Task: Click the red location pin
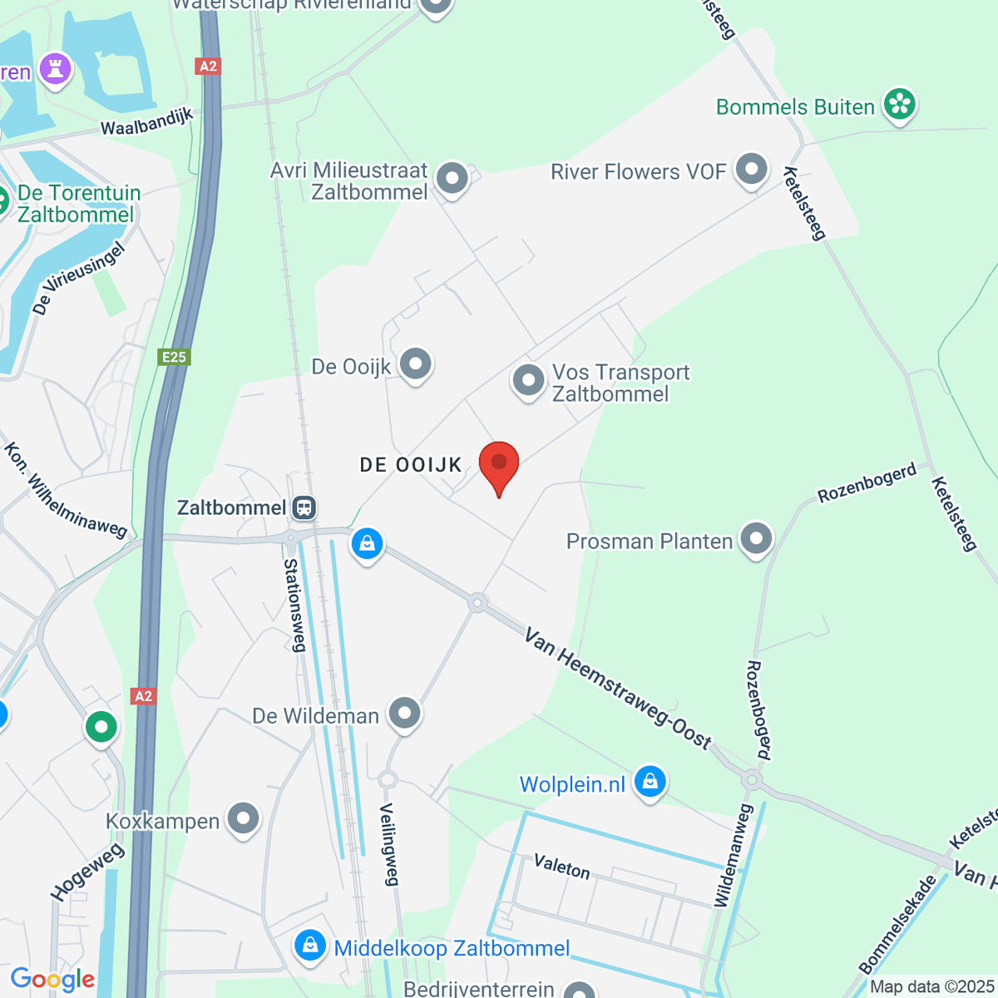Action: [499, 464]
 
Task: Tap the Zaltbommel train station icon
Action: [304, 507]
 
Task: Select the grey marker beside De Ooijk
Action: [415, 364]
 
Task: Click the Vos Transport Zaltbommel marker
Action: [528, 381]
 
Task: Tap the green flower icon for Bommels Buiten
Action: [899, 104]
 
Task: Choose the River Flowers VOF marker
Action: [752, 169]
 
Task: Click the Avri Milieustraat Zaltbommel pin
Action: [452, 177]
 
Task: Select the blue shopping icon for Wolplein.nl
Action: [650, 782]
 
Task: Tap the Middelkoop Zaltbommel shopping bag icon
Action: [310, 946]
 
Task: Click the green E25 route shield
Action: [174, 357]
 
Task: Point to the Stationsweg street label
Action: [294, 605]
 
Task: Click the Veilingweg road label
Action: [389, 844]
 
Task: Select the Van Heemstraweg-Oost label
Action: [617, 689]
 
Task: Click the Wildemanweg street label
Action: [733, 855]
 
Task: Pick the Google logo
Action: [52, 980]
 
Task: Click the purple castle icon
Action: [56, 69]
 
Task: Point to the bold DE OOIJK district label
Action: [411, 465]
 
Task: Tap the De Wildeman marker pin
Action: [405, 713]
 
